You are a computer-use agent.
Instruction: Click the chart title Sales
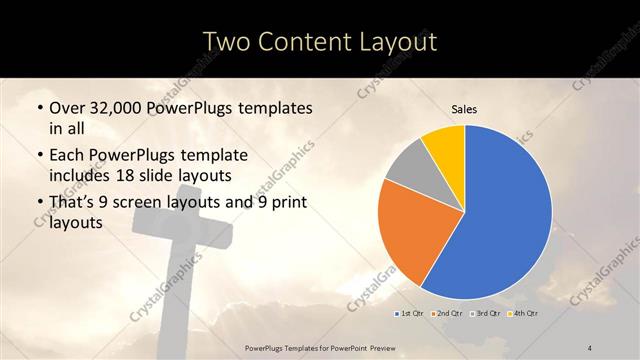464,109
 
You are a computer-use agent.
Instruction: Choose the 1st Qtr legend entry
409,313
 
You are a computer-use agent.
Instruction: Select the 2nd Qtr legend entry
446,313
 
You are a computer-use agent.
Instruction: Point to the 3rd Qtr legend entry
485,313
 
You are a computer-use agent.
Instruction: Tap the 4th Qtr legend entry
522,313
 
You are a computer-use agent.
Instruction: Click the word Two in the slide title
227,41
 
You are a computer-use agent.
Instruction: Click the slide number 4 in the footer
591,346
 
